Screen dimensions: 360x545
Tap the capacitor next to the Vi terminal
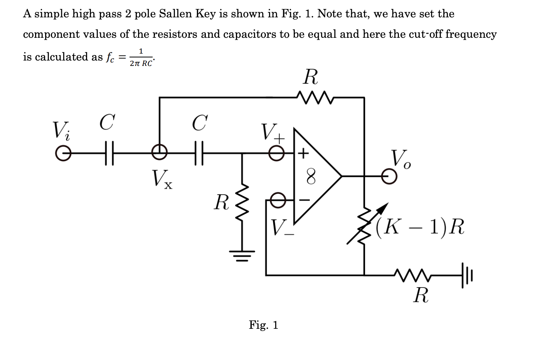[109, 153]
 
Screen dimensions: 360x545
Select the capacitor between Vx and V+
[199, 153]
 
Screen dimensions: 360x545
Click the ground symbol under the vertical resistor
[242, 255]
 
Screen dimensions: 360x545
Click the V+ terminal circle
[276, 153]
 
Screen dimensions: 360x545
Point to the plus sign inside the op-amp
[304, 153]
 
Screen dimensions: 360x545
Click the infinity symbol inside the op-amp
[311, 177]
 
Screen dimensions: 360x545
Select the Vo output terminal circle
[389, 177]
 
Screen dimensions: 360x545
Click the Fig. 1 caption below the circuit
[263, 325]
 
